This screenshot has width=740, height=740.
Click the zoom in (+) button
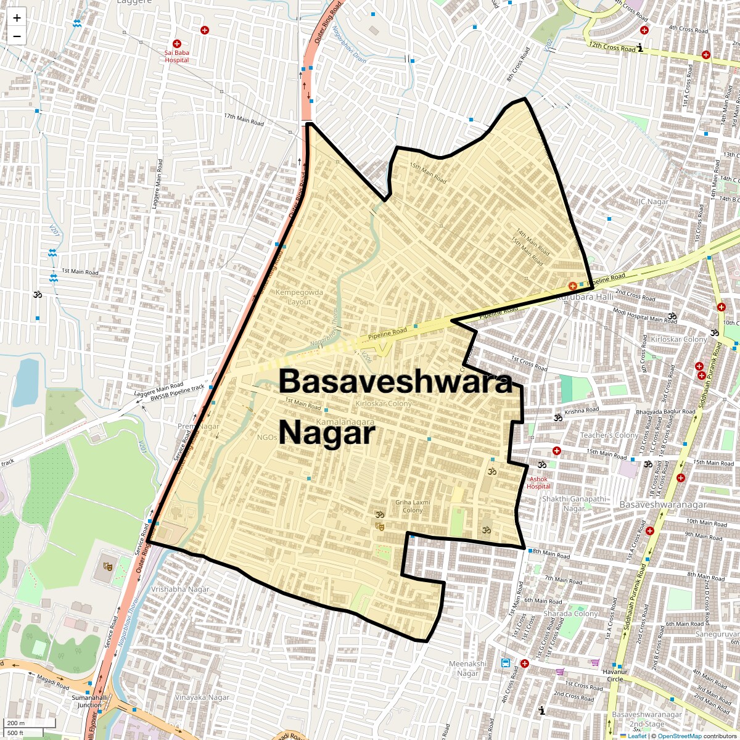click(17, 18)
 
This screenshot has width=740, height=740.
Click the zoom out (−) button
click(17, 36)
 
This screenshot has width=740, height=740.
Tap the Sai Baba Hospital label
click(177, 56)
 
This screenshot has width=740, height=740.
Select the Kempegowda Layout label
click(299, 297)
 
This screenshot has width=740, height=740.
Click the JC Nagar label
click(654, 202)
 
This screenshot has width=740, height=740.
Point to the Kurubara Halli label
click(585, 297)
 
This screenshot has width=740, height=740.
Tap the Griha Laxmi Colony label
click(413, 506)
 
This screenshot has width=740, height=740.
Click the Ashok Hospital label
click(538, 482)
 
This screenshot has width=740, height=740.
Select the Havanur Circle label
click(615, 675)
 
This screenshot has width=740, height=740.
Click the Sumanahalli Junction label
click(89, 701)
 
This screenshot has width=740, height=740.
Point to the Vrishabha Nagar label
click(180, 589)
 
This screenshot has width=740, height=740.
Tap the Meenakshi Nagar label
click(467, 668)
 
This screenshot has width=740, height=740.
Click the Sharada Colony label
click(570, 614)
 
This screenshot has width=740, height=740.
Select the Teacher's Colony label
click(609, 435)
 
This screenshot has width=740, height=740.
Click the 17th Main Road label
click(244, 119)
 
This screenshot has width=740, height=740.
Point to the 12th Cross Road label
click(612, 47)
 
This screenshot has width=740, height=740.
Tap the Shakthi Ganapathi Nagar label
click(574, 503)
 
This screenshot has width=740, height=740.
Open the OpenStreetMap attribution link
click(679, 736)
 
